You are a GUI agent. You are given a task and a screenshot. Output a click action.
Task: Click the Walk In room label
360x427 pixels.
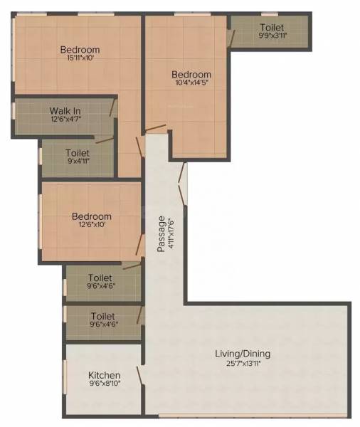[x=64, y=111]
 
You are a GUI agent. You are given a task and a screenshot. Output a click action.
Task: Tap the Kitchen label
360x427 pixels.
[x=104, y=376]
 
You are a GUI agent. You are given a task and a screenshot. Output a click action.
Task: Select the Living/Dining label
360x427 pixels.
[x=243, y=354]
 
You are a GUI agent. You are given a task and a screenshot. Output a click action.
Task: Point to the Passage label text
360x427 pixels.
[x=162, y=234]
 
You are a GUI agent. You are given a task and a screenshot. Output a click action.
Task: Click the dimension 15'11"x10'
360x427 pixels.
[x=79, y=58]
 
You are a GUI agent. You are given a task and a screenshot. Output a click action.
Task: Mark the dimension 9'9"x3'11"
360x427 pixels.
[x=272, y=36]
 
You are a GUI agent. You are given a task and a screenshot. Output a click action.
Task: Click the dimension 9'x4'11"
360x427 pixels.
[x=78, y=162]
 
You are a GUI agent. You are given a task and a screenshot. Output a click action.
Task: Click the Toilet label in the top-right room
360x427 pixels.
[x=272, y=26]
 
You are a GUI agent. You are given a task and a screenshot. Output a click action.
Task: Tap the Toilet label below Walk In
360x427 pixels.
[x=78, y=152]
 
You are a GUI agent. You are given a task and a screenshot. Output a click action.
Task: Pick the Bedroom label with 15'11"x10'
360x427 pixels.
[x=79, y=49]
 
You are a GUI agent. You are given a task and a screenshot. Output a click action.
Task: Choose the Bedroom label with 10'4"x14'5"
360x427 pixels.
[x=191, y=74]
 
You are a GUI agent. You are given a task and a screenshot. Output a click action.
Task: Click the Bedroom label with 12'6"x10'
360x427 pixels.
[x=91, y=216]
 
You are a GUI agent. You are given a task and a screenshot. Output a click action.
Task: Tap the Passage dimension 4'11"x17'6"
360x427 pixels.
[x=171, y=234]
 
